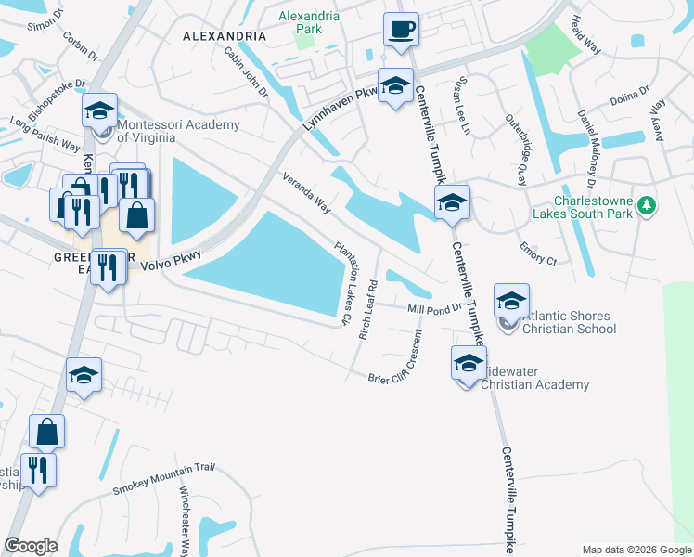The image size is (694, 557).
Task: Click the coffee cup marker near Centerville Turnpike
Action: pos(401,30)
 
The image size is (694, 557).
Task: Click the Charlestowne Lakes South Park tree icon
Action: pos(650,204)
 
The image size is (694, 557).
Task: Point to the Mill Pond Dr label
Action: pos(434,308)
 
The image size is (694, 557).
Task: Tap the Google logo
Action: pos(31,545)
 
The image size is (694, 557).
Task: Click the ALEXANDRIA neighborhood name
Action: pos(225,36)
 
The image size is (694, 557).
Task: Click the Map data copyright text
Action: pos(636,549)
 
